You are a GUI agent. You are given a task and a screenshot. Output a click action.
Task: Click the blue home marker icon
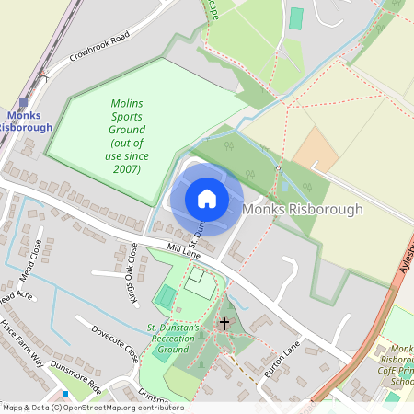[207, 199]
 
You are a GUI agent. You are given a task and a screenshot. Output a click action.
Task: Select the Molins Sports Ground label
[126, 136]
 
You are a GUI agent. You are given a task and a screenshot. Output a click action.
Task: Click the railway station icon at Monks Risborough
[24, 103]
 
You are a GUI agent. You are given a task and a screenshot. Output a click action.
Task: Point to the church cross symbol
[224, 324]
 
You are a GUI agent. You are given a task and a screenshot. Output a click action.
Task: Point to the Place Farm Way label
[22, 344]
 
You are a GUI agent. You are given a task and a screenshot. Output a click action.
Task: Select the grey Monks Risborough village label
[303, 210]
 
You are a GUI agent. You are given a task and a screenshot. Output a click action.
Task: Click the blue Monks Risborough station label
[29, 121]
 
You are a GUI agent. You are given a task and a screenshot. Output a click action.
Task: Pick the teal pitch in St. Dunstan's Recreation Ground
[166, 296]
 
